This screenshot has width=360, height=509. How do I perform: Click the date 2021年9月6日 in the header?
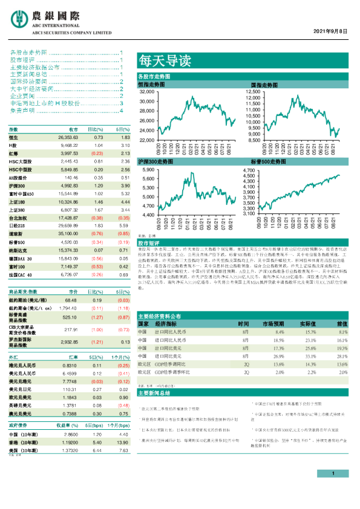331,30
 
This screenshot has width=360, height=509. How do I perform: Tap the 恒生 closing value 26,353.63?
68,138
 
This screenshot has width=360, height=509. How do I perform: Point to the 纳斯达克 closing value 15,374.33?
68,249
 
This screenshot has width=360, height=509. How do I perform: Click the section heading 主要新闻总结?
155,392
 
